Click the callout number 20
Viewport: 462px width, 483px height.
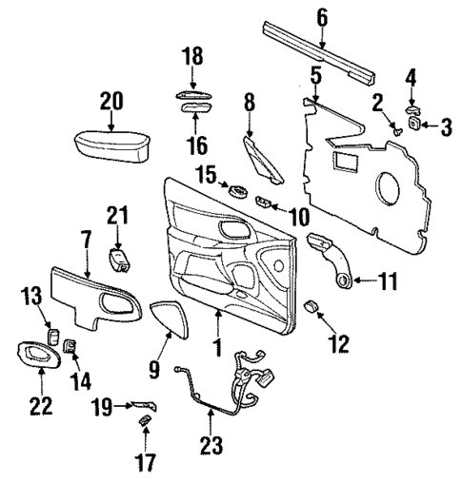(x=110, y=101)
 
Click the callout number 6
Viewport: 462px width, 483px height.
(x=321, y=16)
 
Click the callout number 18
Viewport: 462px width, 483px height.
(x=192, y=56)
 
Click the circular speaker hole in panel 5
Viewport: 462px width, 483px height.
(x=392, y=187)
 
